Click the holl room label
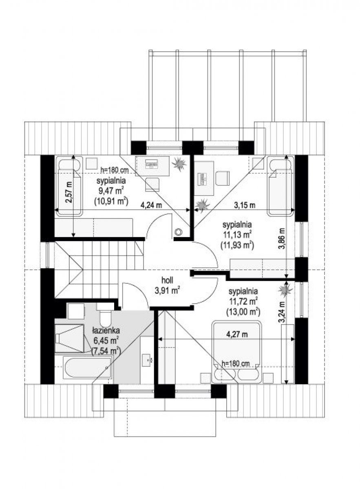[x=167, y=280]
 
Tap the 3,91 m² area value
[x=167, y=291]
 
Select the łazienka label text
[x=106, y=330]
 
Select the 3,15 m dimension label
[x=245, y=205]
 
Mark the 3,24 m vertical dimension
[x=282, y=313]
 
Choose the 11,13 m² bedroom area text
[x=237, y=235]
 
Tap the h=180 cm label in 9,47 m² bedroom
[x=114, y=170]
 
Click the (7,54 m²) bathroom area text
[x=106, y=351]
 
